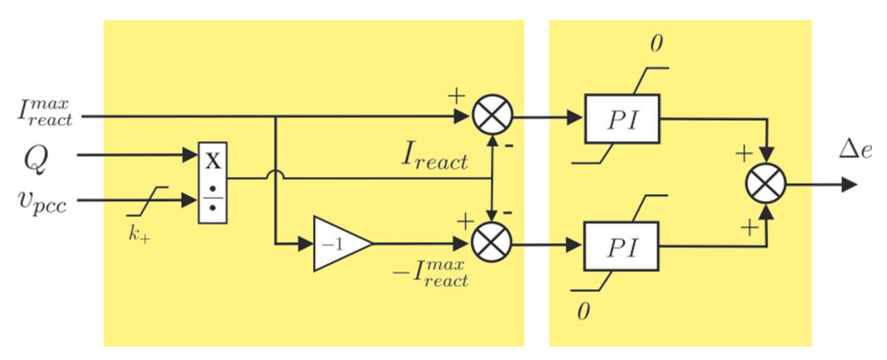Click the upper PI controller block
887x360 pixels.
[622, 119]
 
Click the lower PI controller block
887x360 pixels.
[621, 247]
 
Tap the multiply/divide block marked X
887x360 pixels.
[213, 183]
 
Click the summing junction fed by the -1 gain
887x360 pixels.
[491, 242]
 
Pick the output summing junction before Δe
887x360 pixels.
[765, 184]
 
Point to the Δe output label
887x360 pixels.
[855, 151]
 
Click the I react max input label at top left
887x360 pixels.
[45, 112]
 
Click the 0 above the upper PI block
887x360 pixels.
[656, 44]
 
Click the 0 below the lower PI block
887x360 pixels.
[583, 312]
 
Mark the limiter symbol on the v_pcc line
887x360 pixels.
[147, 201]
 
